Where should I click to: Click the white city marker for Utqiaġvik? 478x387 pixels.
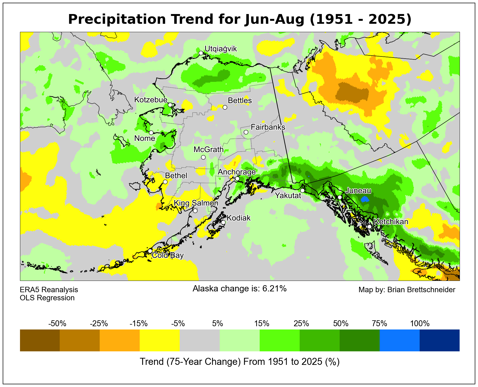pos(201,53)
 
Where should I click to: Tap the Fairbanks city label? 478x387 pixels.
pos(268,127)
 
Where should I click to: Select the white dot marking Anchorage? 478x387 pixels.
pos(237,179)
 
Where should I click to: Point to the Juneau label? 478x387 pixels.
pos(358,191)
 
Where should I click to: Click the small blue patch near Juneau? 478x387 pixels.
pos(365,200)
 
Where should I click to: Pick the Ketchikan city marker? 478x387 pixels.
pos(369,227)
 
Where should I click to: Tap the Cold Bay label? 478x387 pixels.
pos(168,255)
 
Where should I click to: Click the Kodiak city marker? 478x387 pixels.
pos(223,222)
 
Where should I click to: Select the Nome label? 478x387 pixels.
pos(145,139)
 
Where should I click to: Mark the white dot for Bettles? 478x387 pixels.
pos(225,107)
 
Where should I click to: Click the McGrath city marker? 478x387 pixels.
pos(203,157)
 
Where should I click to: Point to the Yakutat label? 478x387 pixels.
pos(288,196)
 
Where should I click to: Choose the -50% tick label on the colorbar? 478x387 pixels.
pos(57,323)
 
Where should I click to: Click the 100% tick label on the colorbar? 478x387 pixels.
pos(420,323)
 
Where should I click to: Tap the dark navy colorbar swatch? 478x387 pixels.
pos(439,340)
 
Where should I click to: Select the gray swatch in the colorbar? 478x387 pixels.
pos(200,340)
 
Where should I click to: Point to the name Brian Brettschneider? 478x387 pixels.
pos(421,290)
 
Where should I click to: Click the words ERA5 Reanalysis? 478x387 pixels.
pos(49,290)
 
